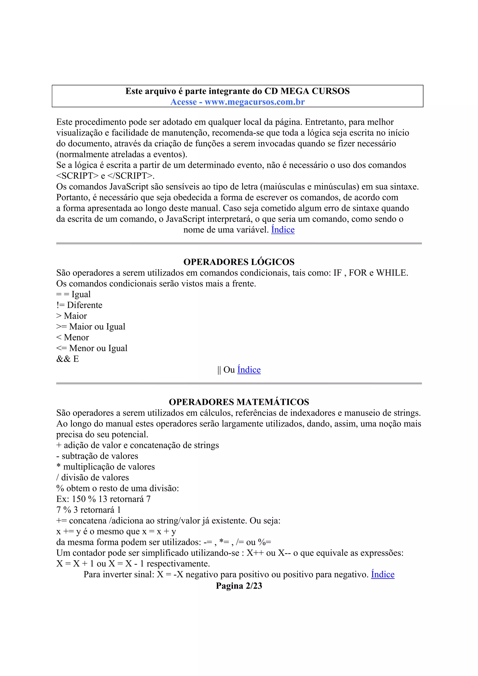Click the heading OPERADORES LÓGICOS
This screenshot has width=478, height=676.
coord(239,262)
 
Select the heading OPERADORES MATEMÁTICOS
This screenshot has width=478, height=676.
coord(239,402)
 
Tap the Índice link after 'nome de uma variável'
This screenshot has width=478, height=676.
coord(283,230)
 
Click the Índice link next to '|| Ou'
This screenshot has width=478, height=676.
coord(249,370)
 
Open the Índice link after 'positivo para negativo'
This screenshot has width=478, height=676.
coord(383,575)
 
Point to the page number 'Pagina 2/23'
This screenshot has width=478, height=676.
coord(239,586)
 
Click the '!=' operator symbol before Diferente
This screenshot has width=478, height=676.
coord(60,305)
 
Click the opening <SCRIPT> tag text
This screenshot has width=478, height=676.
coord(77,176)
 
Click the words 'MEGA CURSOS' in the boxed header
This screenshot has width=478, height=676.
coord(315,91)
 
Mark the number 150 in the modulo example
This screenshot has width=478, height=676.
coord(79,499)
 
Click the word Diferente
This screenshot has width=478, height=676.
coord(84,305)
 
